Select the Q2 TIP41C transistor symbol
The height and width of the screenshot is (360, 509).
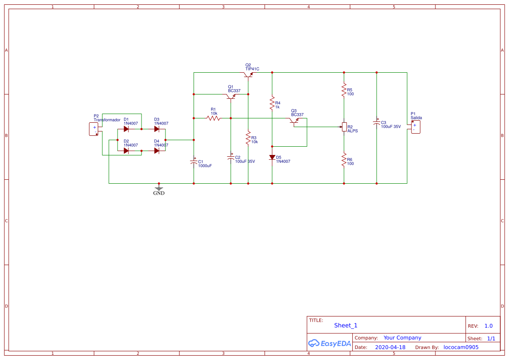pyautogui.click(x=248, y=75)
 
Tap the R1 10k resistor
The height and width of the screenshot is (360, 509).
pyautogui.click(x=213, y=118)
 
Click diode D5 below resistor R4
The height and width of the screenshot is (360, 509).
pyautogui.click(x=272, y=157)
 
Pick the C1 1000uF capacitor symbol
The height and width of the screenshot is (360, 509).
pyautogui.click(x=194, y=161)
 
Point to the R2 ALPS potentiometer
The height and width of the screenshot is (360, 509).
pyautogui.click(x=344, y=127)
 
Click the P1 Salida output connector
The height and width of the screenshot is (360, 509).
pyautogui.click(x=415, y=127)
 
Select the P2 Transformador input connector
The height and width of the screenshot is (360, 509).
pyautogui.click(x=93, y=129)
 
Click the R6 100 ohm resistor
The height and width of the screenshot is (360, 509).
pyautogui.click(x=344, y=160)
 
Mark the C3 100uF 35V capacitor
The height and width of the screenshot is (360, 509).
pyautogui.click(x=377, y=123)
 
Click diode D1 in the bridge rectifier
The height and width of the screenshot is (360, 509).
pyautogui.click(x=126, y=129)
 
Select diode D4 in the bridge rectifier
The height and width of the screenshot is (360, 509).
pyautogui.click(x=157, y=151)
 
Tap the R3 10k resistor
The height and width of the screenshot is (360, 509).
pyautogui.click(x=248, y=138)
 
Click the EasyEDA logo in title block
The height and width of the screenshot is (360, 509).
pyautogui.click(x=329, y=343)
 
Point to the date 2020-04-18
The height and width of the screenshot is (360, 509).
pyautogui.click(x=390, y=347)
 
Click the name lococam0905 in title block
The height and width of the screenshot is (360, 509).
pyautogui.click(x=461, y=347)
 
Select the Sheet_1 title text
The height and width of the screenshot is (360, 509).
pyautogui.click(x=346, y=325)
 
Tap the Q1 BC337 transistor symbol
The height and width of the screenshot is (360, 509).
pyautogui.click(x=231, y=96)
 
